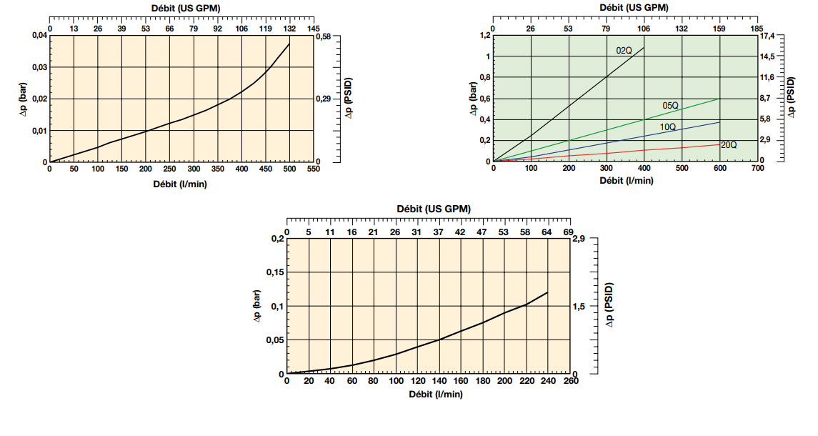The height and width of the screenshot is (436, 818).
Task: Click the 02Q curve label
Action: (x=624, y=51)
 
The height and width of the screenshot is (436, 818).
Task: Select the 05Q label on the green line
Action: (x=670, y=106)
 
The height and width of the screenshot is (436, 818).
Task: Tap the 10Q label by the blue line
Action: (x=668, y=127)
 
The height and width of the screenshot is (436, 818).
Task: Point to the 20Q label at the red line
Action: (x=729, y=145)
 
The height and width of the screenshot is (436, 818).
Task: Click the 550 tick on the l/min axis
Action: (x=313, y=169)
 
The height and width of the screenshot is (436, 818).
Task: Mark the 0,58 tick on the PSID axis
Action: (x=324, y=36)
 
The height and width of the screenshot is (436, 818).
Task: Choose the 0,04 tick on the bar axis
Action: (x=39, y=36)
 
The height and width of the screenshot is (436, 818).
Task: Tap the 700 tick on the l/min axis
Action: (x=757, y=169)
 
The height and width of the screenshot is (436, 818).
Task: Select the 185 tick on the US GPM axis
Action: (x=757, y=28)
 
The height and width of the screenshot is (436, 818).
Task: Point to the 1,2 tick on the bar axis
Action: (x=485, y=35)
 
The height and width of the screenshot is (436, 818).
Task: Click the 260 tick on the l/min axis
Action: (x=570, y=381)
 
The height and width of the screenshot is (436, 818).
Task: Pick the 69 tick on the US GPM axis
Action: (x=569, y=232)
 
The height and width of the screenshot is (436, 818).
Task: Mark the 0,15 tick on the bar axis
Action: (x=274, y=272)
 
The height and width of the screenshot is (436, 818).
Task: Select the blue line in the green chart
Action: (x=607, y=140)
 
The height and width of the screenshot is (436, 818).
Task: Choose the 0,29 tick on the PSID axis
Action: (x=324, y=99)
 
